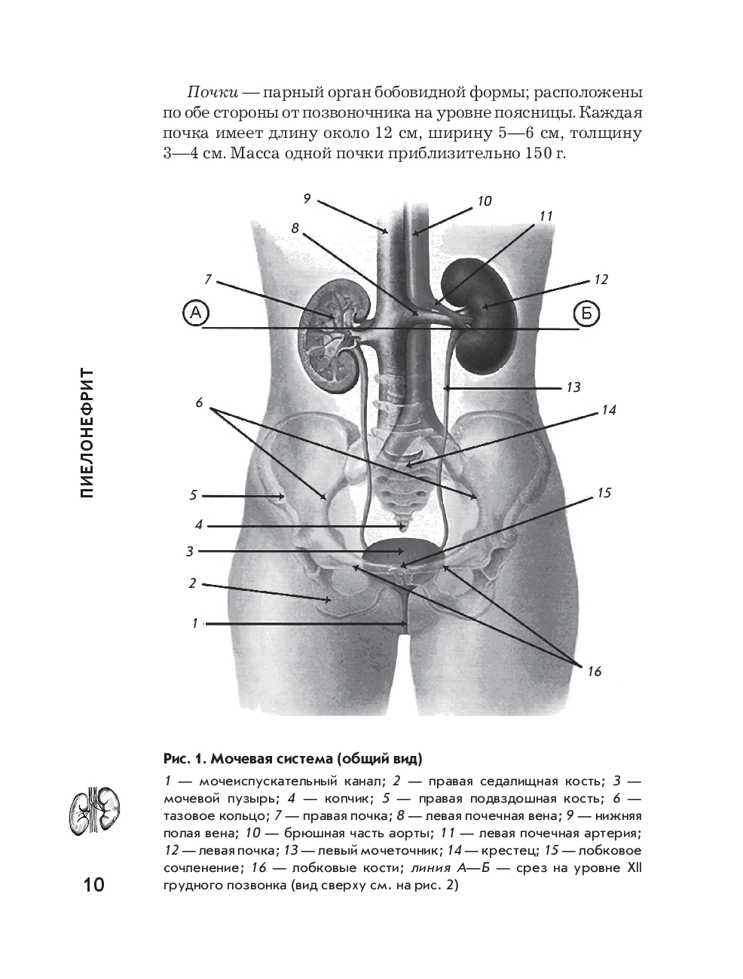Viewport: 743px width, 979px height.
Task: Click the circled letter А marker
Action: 196,314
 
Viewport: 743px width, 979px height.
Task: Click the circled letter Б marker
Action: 586,314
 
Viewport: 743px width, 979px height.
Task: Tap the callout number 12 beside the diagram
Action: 601,280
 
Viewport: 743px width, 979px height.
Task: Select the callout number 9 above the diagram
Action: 307,199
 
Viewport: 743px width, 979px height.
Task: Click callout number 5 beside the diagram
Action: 193,495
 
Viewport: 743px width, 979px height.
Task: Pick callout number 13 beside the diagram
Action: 573,387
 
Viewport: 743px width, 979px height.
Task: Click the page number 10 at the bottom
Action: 93,883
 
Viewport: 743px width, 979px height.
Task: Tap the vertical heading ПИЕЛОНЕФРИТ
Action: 87,433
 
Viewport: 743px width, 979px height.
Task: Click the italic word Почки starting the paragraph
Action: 213,93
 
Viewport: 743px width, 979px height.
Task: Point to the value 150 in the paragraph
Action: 534,154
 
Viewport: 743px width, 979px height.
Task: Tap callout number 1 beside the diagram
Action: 195,623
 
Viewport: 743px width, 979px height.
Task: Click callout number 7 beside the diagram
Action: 208,280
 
